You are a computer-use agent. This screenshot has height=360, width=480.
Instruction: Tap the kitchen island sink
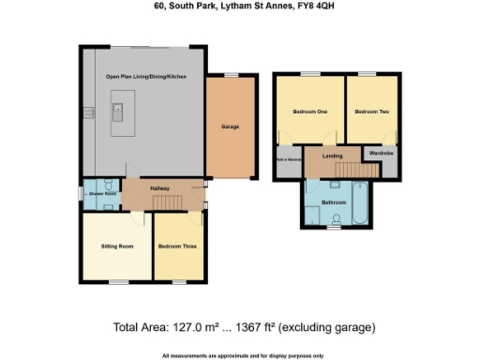120,117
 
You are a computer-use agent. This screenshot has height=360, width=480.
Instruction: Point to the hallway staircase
167,203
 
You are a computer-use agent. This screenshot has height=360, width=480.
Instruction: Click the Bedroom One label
309,112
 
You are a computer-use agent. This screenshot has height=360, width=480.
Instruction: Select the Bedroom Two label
370,112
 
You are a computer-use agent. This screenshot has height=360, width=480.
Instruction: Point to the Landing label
332,156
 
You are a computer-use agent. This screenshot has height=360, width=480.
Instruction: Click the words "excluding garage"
336,327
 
